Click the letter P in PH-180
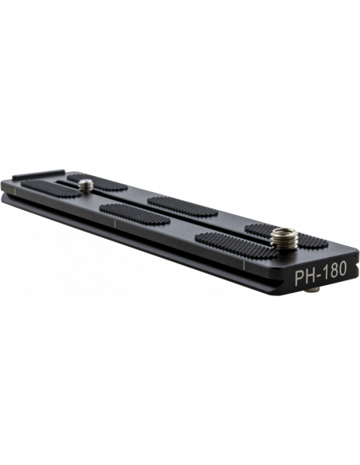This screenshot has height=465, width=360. [299, 277]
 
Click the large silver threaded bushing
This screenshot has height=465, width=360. [284, 238]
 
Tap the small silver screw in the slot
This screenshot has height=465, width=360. [86, 186]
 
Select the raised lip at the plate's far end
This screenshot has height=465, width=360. [38, 174]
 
